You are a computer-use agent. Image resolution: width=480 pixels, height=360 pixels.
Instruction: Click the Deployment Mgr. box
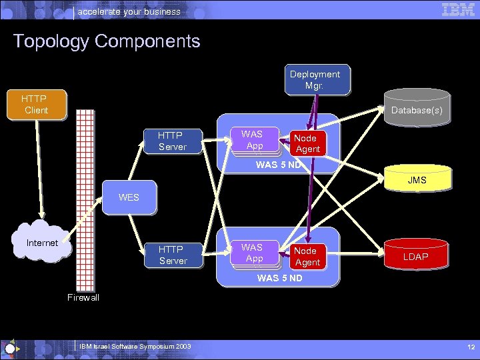click(314, 80)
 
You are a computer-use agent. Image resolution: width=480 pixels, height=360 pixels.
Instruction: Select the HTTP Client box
click(36, 105)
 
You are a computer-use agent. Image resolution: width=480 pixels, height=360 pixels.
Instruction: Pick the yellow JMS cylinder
click(417, 181)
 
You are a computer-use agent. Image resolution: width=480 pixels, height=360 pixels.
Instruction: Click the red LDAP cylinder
click(416, 257)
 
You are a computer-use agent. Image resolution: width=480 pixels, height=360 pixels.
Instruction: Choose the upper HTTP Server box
click(172, 141)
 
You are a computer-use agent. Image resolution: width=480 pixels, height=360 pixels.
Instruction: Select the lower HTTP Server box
click(173, 255)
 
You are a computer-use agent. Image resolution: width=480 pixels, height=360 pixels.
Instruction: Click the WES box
click(129, 198)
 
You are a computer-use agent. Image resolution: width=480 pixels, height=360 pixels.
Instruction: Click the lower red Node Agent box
click(307, 257)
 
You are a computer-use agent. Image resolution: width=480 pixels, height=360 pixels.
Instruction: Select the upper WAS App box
click(252, 140)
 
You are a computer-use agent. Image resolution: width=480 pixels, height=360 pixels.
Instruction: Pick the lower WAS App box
click(252, 253)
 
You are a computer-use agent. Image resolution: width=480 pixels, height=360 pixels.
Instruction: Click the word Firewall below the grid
click(83, 298)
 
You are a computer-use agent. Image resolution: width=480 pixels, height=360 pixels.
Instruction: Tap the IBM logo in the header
click(458, 9)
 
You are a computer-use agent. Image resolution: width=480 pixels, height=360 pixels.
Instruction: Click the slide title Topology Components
click(107, 41)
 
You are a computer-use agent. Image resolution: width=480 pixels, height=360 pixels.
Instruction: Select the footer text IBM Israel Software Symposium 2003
click(135, 346)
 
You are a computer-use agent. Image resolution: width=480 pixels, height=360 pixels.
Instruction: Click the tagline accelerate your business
click(129, 11)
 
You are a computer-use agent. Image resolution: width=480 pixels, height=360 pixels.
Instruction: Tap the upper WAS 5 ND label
click(279, 164)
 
